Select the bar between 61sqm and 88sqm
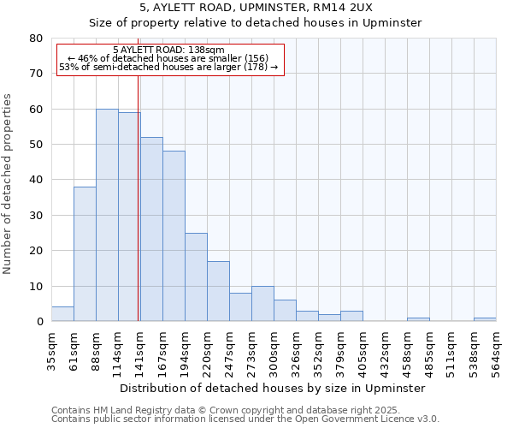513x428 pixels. (85, 254)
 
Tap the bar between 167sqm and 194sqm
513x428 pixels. (174, 236)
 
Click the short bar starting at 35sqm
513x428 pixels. (62, 314)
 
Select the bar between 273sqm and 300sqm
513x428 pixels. (262, 304)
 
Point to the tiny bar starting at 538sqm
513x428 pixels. (485, 319)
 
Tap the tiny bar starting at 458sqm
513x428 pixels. (418, 319)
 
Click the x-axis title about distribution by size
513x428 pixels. (273, 388)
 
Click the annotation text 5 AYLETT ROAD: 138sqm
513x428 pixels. (168, 50)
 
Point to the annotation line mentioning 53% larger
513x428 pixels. (168, 67)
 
